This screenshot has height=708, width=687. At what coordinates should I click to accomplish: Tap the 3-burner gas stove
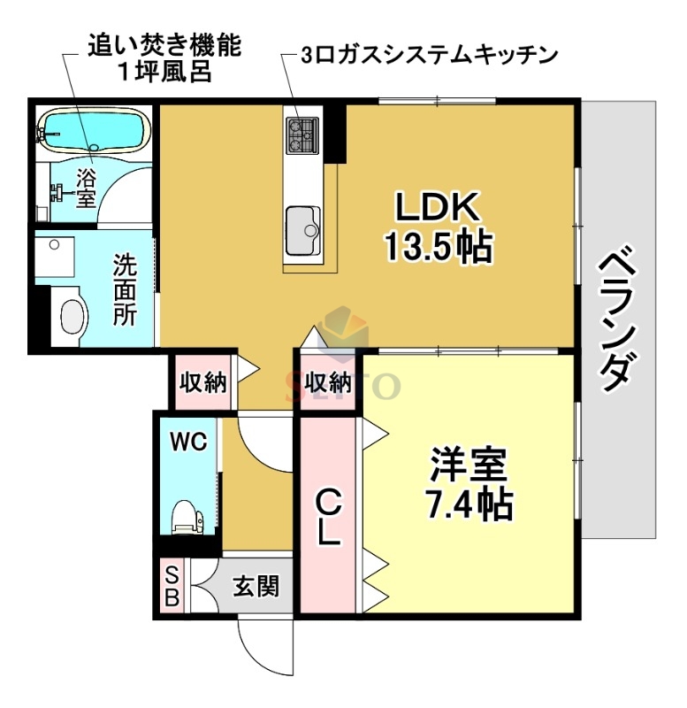point(302,132)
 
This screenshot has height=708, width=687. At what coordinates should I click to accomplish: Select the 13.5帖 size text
point(437,247)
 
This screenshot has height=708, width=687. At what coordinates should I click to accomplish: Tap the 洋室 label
point(468,465)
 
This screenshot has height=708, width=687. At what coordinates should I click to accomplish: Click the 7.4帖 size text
point(468,504)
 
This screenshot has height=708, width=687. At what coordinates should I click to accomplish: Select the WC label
point(187,440)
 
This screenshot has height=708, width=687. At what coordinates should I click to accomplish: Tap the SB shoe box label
point(172,585)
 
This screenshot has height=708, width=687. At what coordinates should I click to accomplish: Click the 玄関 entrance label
point(256,586)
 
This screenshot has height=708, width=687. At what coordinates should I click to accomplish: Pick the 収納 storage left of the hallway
point(203,382)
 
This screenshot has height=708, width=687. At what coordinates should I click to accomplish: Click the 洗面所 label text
point(125,289)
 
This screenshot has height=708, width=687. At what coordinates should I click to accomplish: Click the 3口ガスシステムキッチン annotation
point(429,54)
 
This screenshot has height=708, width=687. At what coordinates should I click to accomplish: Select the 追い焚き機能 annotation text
point(164,46)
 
